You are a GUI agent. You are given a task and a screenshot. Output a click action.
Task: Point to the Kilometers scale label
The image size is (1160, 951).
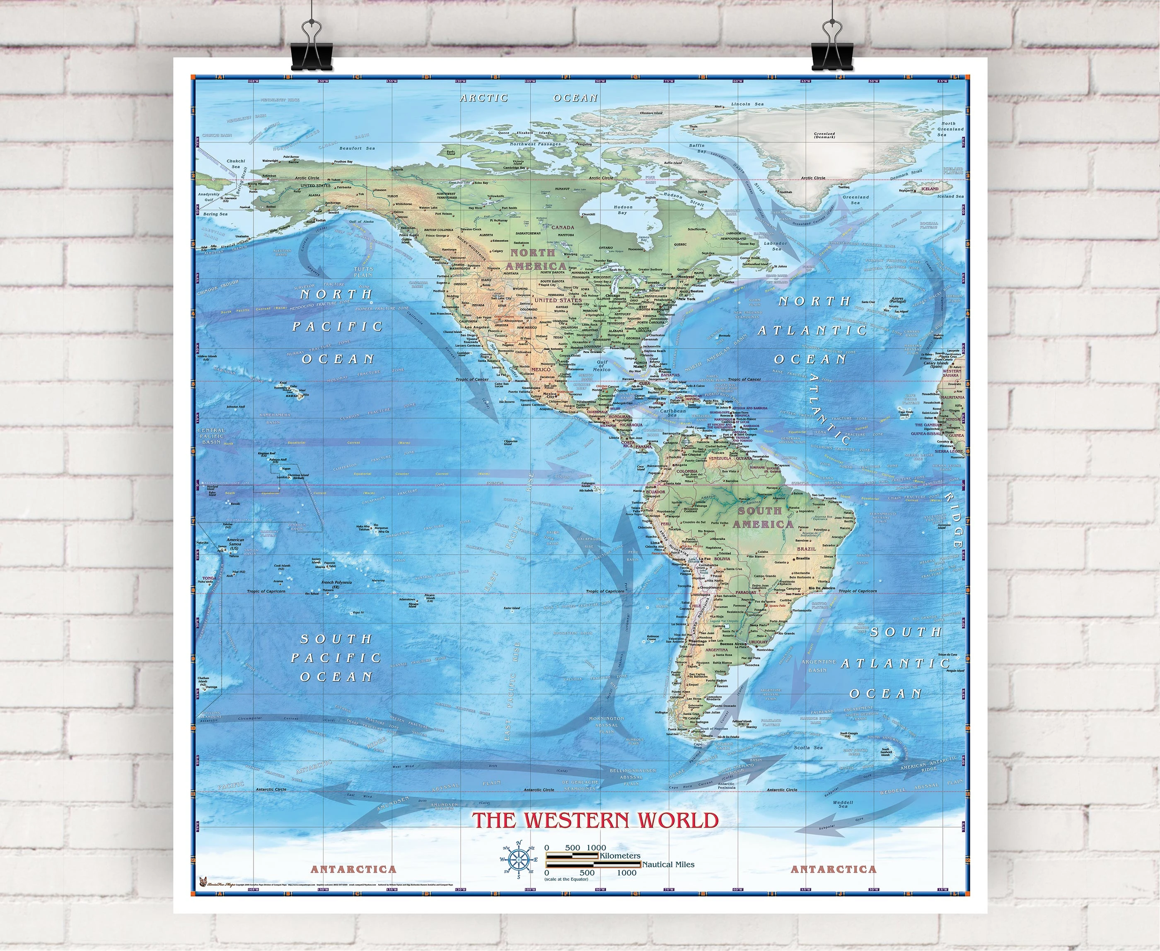(620, 856)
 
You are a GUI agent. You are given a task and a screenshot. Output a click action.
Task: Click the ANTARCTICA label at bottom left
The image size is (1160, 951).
(353, 869)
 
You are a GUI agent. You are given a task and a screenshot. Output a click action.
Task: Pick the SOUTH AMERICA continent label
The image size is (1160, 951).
(763, 517)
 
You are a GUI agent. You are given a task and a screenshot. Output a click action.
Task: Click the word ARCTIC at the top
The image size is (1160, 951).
(484, 98)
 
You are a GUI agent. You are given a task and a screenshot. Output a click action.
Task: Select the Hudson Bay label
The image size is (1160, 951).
(623, 210)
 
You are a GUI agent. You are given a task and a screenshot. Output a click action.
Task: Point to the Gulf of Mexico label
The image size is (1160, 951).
(602, 365)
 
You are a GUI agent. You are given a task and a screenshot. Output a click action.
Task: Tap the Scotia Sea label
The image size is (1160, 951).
(808, 747)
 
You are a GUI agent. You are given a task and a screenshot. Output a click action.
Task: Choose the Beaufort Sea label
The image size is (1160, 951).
(357, 148)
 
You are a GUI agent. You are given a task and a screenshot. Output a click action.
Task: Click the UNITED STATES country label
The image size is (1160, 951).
(558, 300)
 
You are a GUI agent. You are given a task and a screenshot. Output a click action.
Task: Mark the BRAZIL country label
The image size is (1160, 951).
(806, 548)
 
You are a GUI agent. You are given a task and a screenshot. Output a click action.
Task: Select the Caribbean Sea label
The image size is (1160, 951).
(672, 412)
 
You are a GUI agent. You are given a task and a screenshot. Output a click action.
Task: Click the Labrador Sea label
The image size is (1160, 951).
(776, 246)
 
